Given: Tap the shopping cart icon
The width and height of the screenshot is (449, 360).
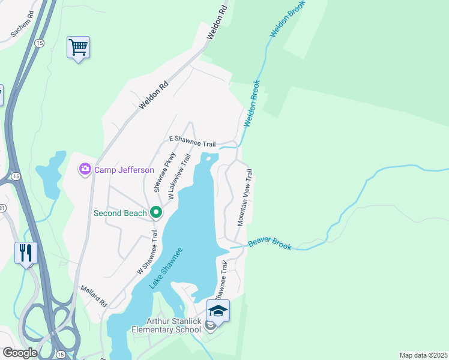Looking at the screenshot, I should point(78,47).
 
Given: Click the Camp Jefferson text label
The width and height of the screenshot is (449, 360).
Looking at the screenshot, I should point(124,170).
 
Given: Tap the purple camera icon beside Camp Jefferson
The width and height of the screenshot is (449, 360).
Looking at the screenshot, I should point(85,170).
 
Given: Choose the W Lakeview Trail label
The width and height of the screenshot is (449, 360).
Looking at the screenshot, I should point(179,176).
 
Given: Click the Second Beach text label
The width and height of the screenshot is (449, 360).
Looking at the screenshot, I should point(120,212).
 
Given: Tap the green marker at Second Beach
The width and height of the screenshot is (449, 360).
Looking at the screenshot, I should point(156,212).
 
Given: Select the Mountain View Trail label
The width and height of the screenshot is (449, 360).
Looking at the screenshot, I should point(245,197).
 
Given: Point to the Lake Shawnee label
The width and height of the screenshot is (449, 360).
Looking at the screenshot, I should point(166,267).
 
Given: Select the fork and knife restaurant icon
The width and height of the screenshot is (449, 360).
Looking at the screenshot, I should point(25,252).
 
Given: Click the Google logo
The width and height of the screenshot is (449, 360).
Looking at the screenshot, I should point(20,352).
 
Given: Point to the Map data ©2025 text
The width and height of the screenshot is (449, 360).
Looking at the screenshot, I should point(423,355).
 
